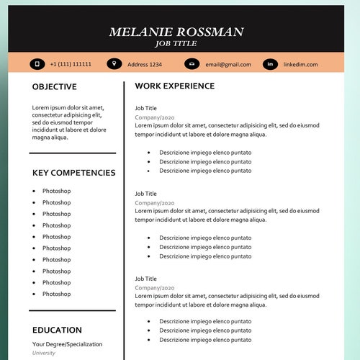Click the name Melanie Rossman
(x=176, y=32)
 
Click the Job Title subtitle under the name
(x=176, y=44)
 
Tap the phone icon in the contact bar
(x=37, y=64)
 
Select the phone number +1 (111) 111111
(x=71, y=64)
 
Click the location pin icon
(x=114, y=64)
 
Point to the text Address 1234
(x=145, y=64)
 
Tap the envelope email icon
(x=192, y=64)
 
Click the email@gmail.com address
(x=228, y=64)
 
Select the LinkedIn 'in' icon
(x=270, y=64)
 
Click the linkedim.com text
(x=300, y=64)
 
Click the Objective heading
(x=54, y=87)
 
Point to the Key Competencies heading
(x=73, y=173)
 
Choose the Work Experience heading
(x=174, y=86)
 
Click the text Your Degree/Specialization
(x=67, y=344)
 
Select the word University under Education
(x=44, y=353)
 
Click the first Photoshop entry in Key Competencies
(x=56, y=191)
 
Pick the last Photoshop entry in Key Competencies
(x=56, y=294)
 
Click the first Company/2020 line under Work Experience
(x=154, y=117)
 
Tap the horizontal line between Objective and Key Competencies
(x=72, y=153)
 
